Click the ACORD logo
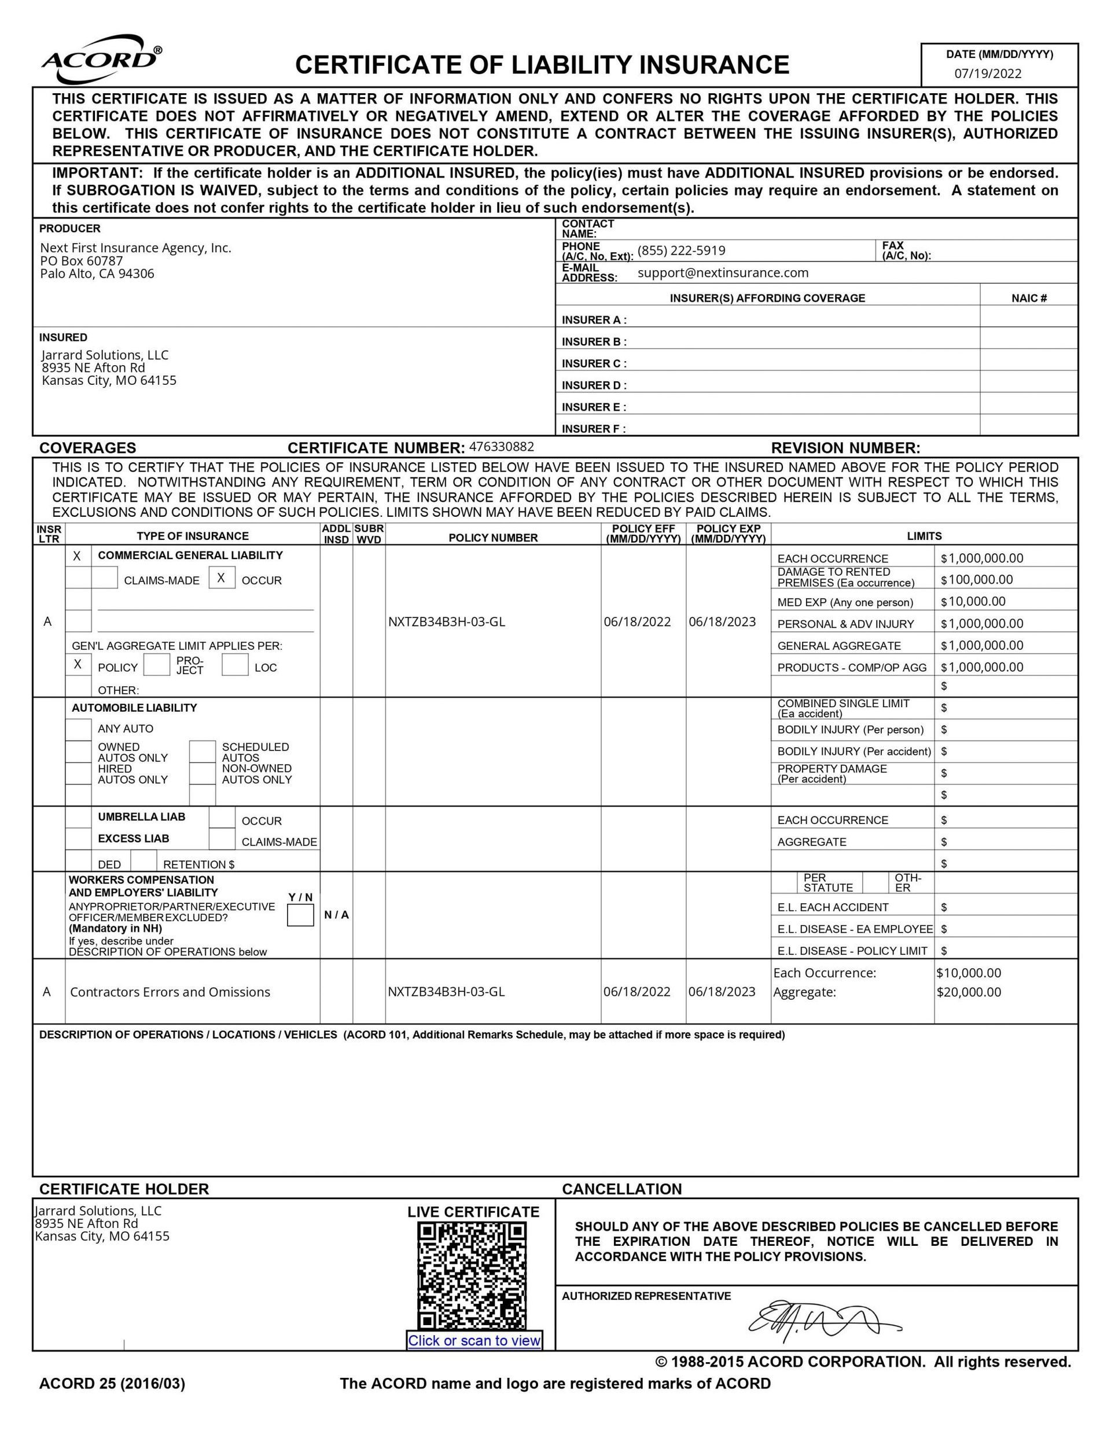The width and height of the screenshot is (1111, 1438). [100, 59]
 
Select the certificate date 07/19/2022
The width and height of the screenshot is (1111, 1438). [987, 73]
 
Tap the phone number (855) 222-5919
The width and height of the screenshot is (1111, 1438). [681, 251]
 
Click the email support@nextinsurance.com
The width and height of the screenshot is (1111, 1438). [723, 273]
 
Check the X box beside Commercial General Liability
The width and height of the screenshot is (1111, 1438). [78, 556]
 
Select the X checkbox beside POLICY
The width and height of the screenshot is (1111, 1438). [78, 664]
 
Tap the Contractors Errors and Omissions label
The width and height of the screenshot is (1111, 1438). [170, 992]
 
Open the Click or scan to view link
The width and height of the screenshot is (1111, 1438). [473, 1341]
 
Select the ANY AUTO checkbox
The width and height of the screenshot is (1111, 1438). [78, 729]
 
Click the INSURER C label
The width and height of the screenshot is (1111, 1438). [593, 363]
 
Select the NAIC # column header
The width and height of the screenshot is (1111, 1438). [1029, 298]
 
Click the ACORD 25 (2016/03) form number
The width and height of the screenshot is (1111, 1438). [112, 1384]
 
